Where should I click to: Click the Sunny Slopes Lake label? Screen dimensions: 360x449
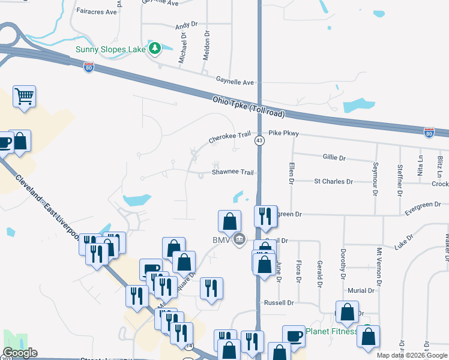pos(110,49)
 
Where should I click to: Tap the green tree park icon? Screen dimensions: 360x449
pos(155,48)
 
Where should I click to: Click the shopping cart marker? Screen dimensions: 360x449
pos(24,97)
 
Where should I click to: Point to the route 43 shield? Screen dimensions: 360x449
pos(259,140)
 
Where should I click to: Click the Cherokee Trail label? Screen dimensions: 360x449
pos(229,137)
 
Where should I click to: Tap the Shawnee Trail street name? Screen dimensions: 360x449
pos(233,172)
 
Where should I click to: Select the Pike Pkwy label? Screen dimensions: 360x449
pos(283,133)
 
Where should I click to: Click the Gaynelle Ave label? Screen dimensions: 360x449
pos(235,82)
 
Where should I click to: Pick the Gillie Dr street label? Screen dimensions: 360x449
pos(334,158)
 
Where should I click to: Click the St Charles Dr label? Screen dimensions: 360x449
pos(333,181)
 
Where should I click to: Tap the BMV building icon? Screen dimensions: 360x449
pos(240,240)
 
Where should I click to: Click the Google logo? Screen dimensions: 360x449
pos(20,353)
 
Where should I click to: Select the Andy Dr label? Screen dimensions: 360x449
pos(186,25)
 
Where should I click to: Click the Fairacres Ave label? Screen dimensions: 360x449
pos(97,11)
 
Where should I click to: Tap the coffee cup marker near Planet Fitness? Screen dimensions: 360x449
pos(294,335)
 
